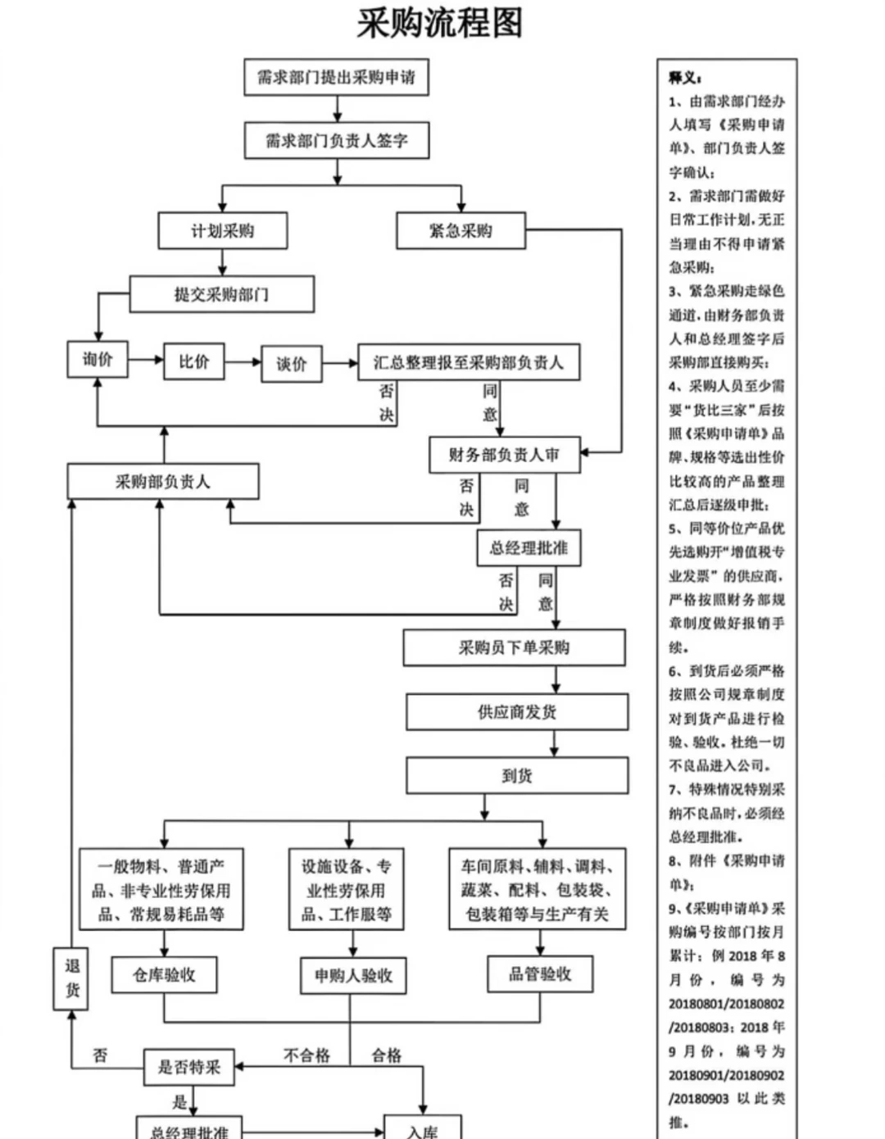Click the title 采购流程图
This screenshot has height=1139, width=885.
(439, 23)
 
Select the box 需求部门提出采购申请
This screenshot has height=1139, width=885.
(336, 78)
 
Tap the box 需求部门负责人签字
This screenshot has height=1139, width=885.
(336, 141)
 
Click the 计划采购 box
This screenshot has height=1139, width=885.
(222, 231)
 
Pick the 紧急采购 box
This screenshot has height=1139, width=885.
(461, 231)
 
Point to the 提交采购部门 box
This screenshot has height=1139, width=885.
(221, 294)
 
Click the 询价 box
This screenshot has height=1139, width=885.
(98, 360)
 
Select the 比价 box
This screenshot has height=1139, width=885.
(194, 361)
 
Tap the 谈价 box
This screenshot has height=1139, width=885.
(291, 364)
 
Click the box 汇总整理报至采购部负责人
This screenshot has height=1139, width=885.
(468, 362)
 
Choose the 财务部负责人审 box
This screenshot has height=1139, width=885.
(504, 455)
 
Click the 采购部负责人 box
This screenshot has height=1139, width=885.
(162, 482)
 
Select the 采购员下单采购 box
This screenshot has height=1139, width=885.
(514, 647)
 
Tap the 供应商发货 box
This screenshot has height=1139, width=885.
(517, 712)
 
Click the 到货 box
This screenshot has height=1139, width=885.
(517, 775)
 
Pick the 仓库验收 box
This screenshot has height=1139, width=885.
(164, 974)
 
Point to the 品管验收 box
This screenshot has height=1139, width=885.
(540, 973)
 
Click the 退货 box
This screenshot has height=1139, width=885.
(72, 978)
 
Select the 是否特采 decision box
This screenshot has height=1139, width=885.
(189, 1067)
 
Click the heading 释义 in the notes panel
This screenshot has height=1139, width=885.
(685, 78)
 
